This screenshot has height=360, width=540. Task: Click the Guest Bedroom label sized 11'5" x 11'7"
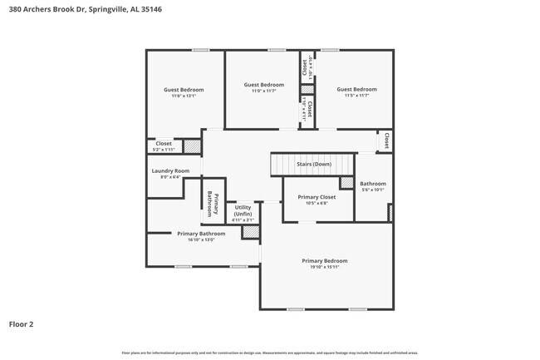pos(356,92)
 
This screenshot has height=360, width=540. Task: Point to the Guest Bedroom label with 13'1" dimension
pos(183,92)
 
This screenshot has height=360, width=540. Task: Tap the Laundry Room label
pos(170,173)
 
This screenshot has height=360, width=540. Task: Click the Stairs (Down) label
pos(314,165)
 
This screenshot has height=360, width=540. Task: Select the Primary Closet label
pos(317,200)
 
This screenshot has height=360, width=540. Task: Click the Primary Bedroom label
pos(324,264)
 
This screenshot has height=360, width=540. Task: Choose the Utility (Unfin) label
pos(243,213)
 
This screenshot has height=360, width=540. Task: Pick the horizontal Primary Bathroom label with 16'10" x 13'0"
pos(201,236)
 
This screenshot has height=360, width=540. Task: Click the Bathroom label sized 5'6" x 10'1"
pos(372,186)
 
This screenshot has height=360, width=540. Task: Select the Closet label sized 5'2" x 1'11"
pos(164,145)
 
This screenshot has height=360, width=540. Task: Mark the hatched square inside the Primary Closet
pos(346,183)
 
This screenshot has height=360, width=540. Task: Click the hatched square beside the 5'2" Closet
pos(192,146)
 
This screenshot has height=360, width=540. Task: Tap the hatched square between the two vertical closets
pos(307,89)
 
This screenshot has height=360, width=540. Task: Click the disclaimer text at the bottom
pos(269,353)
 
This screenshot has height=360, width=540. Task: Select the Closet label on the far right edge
pos(386,141)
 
